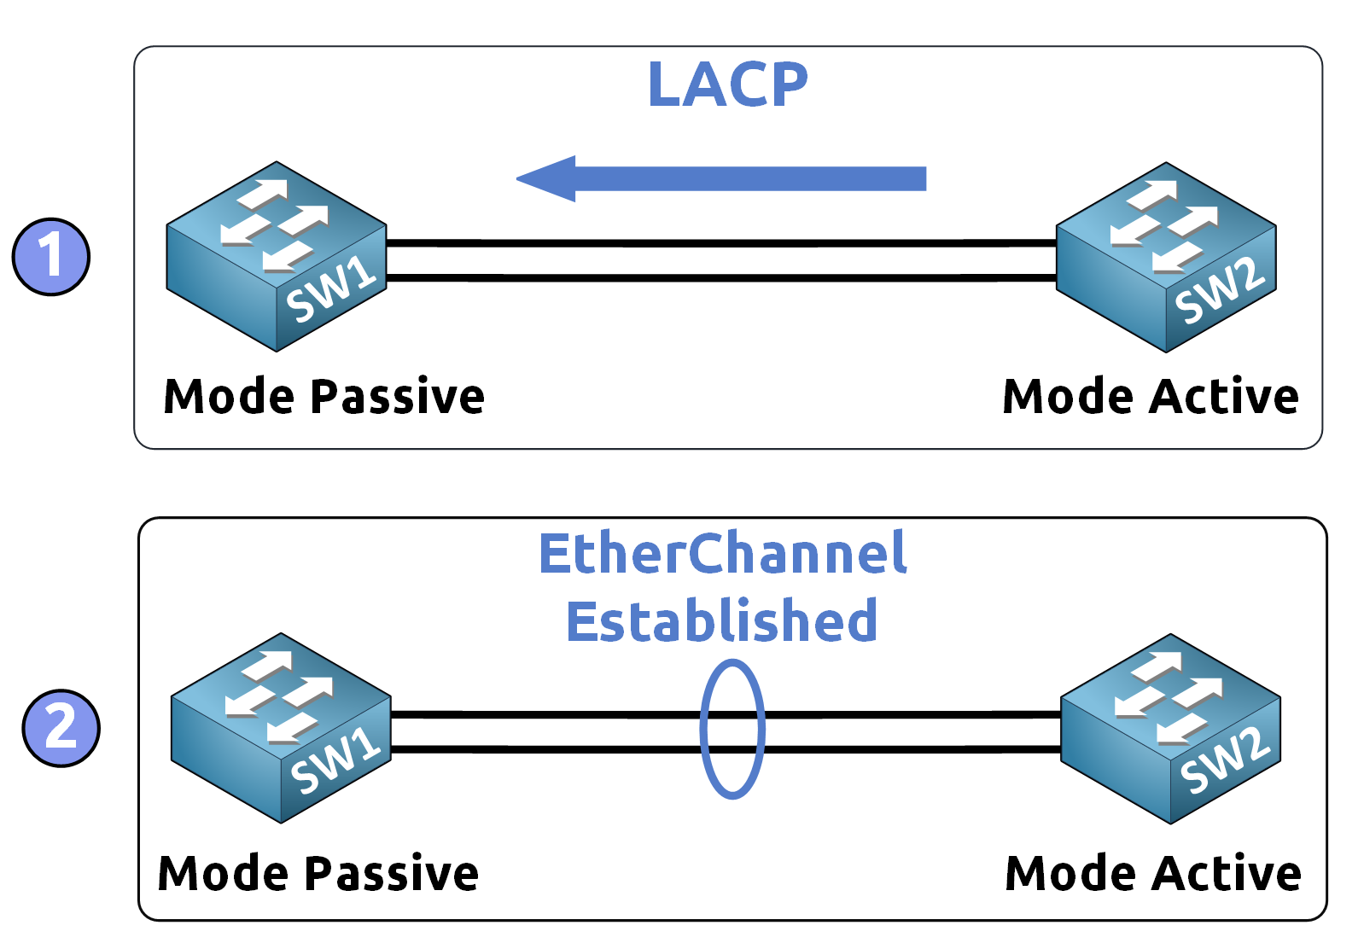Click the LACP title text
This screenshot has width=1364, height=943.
click(x=727, y=84)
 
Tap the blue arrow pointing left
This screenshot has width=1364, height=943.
click(x=721, y=178)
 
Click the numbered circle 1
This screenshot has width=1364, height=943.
click(x=51, y=257)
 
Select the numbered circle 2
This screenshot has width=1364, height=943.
click(x=61, y=728)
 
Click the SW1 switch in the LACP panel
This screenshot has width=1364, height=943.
click(x=277, y=256)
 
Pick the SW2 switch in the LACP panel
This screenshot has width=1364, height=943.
click(x=1166, y=257)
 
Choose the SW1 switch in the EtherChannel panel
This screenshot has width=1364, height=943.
click(x=281, y=728)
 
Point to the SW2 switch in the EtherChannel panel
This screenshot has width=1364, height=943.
click(x=1170, y=729)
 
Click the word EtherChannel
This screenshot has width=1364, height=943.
click(x=722, y=554)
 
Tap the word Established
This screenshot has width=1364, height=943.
click(x=722, y=620)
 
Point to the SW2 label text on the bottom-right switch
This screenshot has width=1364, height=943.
click(x=1225, y=760)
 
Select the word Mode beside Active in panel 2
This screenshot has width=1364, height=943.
click(x=1071, y=874)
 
